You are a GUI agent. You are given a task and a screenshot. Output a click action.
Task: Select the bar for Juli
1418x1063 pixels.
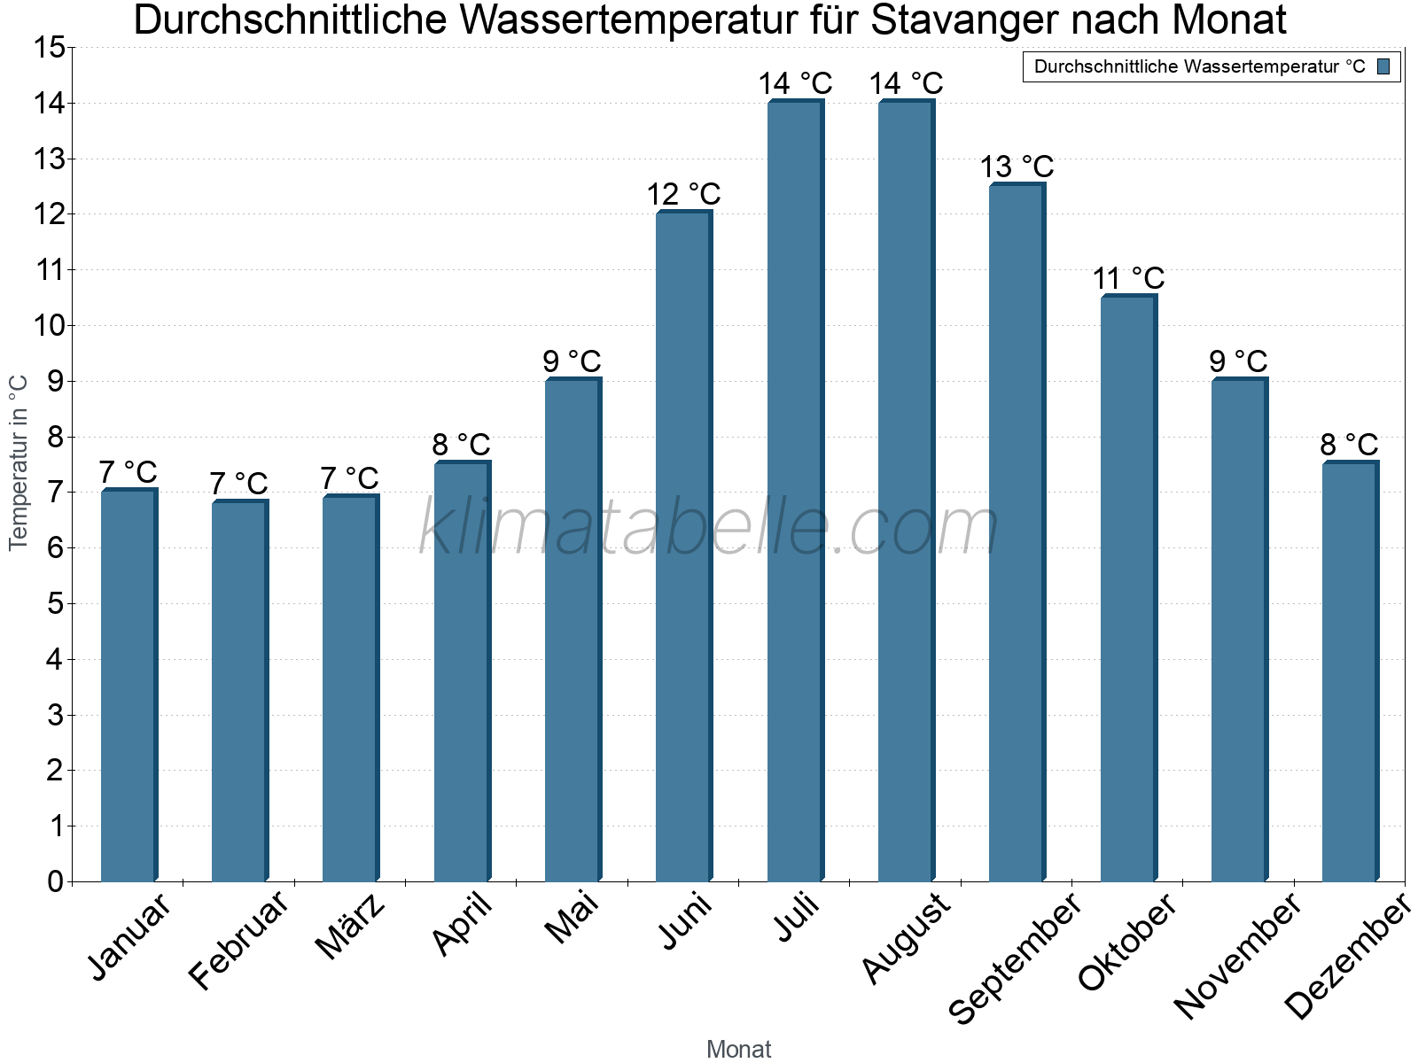tap(795, 492)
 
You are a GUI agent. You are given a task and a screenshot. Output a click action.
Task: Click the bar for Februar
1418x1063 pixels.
tap(239, 691)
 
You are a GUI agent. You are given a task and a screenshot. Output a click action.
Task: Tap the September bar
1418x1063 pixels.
tap(1017, 531)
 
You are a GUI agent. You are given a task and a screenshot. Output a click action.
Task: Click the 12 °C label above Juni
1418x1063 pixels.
tap(683, 194)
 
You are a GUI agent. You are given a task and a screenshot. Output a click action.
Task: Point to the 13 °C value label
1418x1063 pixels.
tap(1017, 167)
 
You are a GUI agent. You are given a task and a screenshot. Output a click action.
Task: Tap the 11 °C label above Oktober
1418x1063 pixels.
tap(1128, 279)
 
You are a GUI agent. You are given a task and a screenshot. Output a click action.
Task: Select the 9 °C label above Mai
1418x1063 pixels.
tap(573, 361)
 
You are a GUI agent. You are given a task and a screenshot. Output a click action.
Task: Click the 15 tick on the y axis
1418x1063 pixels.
tap(50, 48)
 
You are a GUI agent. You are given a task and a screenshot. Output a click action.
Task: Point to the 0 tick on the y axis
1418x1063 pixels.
tap(56, 881)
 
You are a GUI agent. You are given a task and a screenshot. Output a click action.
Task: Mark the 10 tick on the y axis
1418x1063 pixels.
tap(50, 326)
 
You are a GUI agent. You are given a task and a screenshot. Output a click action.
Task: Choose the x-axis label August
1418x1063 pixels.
tap(905, 939)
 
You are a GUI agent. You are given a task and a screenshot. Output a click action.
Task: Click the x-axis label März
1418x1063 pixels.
tap(351, 927)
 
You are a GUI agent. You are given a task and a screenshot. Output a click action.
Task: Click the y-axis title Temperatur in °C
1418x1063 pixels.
tap(19, 462)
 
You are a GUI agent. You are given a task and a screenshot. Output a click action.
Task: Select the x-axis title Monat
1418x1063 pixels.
tap(738, 1050)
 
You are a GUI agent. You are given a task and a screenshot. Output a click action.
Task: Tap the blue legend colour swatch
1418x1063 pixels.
tap(1383, 66)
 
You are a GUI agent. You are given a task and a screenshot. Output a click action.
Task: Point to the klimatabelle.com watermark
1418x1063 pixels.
tap(709, 528)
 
